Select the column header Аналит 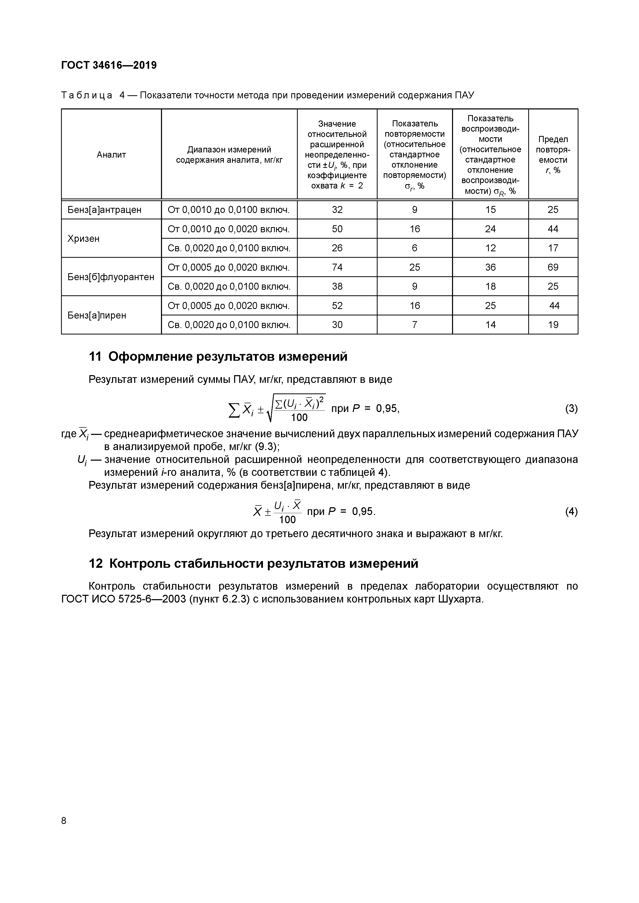pos(111,154)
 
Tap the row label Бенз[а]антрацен pos(104,210)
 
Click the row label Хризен pos(83,238)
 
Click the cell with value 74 pos(337,268)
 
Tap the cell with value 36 pos(490,268)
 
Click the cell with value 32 pos(337,210)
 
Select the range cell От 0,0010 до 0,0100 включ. pos(229,210)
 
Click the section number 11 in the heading pos(95,357)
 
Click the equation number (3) pos(571,409)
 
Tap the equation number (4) pos(571,511)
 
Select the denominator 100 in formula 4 pos(287,520)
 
